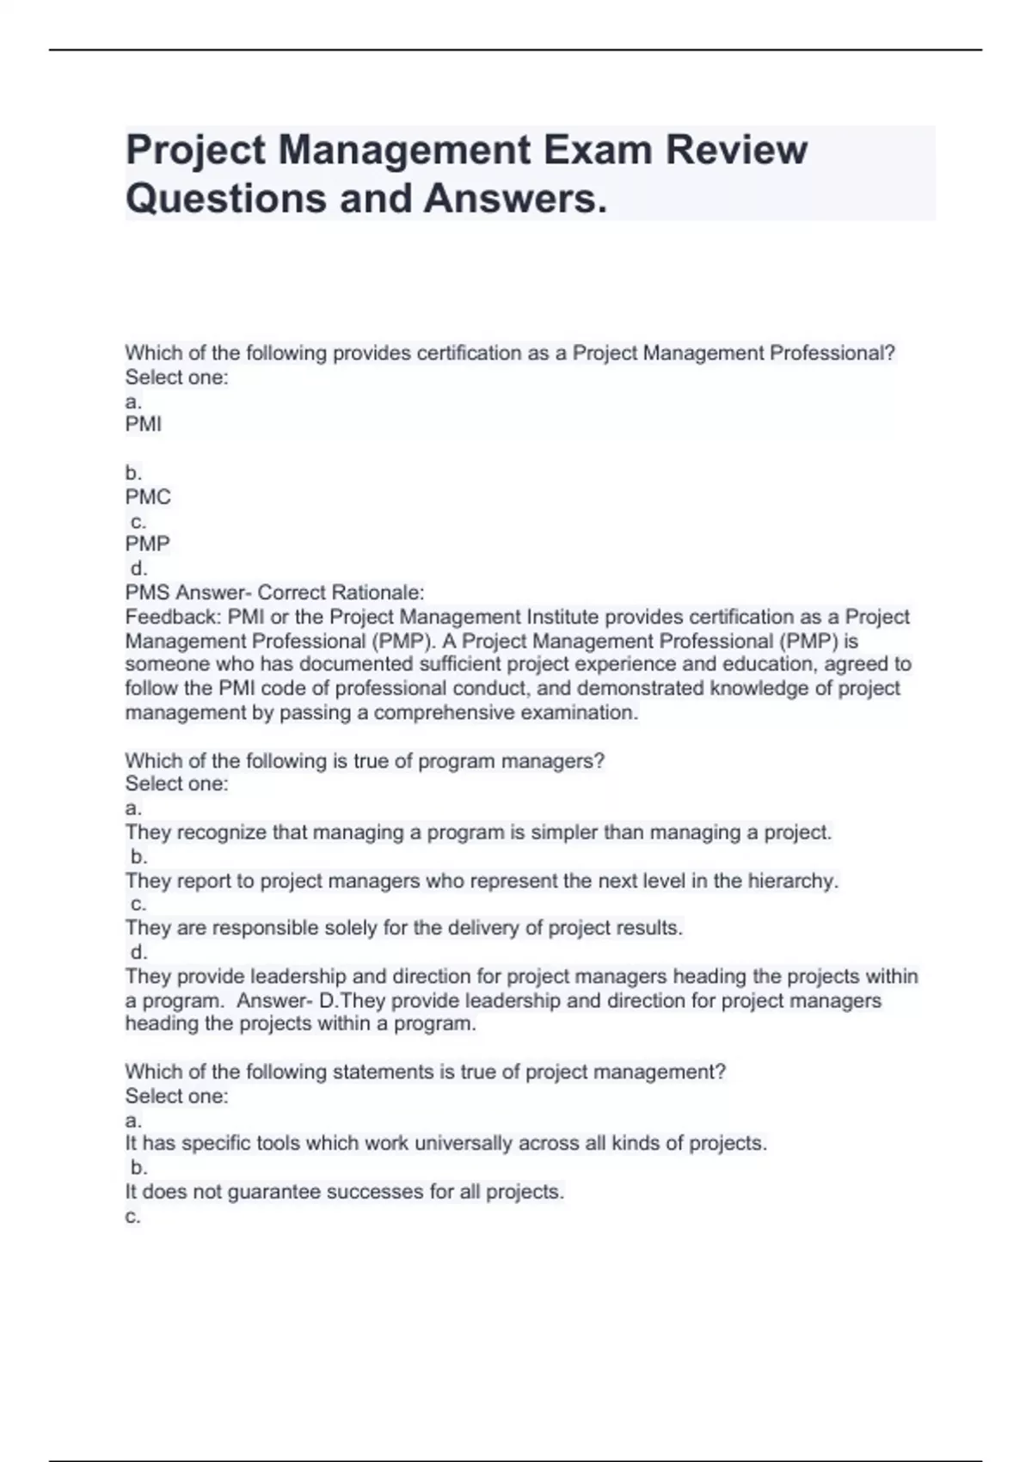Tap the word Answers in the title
[x=514, y=199]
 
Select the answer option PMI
[x=144, y=424]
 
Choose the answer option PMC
[x=148, y=497]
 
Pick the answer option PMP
[x=148, y=544]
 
